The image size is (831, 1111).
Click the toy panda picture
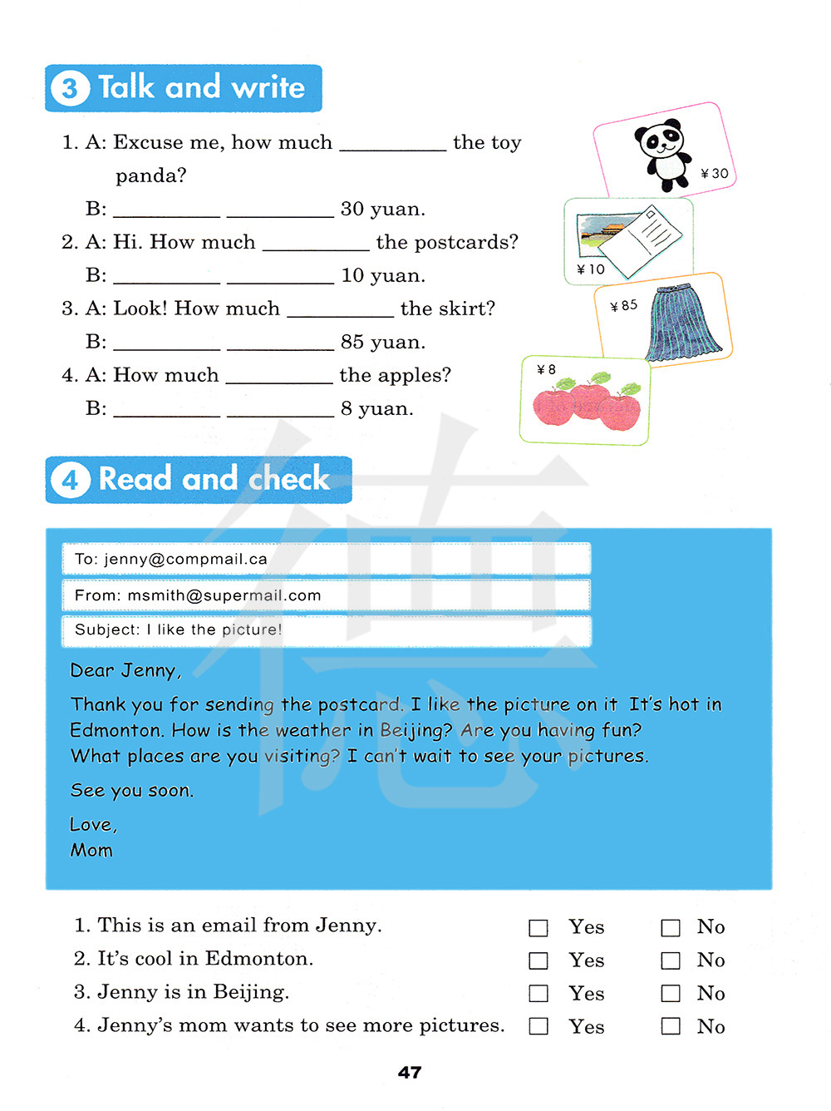click(x=664, y=153)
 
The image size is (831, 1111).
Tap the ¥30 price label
click(x=715, y=173)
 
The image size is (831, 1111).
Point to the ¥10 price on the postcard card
click(x=591, y=269)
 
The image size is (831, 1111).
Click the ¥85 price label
click(x=624, y=306)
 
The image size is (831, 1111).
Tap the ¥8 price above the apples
click(x=546, y=369)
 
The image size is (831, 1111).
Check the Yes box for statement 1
click(x=538, y=928)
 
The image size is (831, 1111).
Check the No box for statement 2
click(x=671, y=961)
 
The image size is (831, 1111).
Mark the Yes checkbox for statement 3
click(x=538, y=994)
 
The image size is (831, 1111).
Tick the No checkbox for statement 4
click(x=671, y=1026)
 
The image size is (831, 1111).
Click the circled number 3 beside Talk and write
click(x=70, y=88)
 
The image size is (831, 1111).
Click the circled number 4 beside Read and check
click(x=70, y=480)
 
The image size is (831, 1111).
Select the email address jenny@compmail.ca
click(x=184, y=559)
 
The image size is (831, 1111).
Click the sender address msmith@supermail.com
click(x=224, y=595)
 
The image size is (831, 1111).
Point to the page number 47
click(x=410, y=1073)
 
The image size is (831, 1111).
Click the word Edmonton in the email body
click(x=116, y=730)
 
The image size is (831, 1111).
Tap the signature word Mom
click(x=91, y=850)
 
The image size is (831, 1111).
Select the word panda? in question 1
click(x=150, y=175)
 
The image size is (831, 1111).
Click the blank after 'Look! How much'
click(x=340, y=310)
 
